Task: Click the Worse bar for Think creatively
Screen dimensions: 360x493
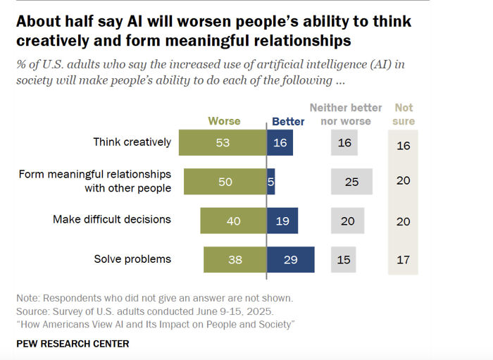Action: (x=223, y=142)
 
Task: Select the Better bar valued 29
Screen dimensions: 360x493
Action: (x=290, y=260)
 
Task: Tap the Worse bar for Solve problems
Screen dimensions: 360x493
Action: (x=235, y=260)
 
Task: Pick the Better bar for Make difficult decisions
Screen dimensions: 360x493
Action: (x=282, y=221)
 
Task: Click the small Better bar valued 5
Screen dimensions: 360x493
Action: (x=270, y=182)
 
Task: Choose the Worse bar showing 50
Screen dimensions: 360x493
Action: (x=225, y=182)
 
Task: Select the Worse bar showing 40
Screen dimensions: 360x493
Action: (x=232, y=221)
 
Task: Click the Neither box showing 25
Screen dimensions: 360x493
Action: (x=351, y=182)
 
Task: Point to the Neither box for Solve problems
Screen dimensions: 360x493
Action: (x=344, y=260)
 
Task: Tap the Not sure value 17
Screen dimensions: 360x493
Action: (x=404, y=260)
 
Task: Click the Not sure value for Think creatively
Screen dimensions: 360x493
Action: (x=404, y=146)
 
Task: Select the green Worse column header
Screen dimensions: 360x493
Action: (x=224, y=121)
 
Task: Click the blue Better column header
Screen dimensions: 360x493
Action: (x=288, y=121)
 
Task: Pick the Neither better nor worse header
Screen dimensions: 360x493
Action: (x=346, y=114)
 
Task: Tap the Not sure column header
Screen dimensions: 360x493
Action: (x=404, y=114)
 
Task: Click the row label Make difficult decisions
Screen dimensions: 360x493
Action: (x=112, y=219)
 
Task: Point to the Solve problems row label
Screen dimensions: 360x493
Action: (x=132, y=259)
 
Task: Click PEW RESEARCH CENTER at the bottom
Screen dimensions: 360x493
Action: (x=73, y=344)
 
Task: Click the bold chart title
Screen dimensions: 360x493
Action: (x=213, y=31)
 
